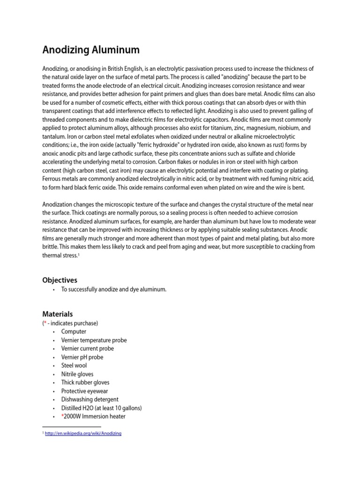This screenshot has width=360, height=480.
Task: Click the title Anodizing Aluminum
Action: pos(91,50)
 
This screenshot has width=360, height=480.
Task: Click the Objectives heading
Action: pos(60,280)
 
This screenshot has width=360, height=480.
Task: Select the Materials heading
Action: pos(58,314)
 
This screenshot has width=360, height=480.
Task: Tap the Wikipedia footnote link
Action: pos(83,434)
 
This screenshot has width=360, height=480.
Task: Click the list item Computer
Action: pos(74,331)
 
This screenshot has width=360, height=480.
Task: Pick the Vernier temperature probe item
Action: pos(94,340)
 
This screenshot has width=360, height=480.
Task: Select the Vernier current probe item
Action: pos(87,348)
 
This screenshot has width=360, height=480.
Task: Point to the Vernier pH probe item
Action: pos(82,357)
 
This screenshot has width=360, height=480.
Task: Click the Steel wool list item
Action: pos(74,366)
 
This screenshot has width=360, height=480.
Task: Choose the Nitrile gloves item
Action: pos(77,374)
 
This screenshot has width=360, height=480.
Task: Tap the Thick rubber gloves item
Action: pos(85,382)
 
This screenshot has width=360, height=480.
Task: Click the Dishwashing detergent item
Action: pos(90,399)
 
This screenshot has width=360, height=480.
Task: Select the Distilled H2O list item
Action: pos(101,408)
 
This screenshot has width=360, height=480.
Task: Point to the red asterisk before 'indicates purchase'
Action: pos(45,323)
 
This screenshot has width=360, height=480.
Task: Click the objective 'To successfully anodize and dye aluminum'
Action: pos(114,289)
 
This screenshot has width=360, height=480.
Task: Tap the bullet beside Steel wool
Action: pos(54,366)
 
